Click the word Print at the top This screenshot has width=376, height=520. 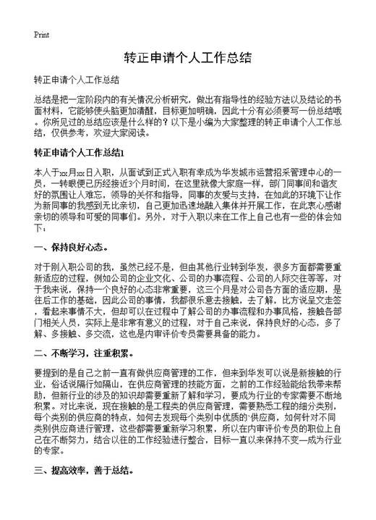pyautogui.click(x=42, y=35)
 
